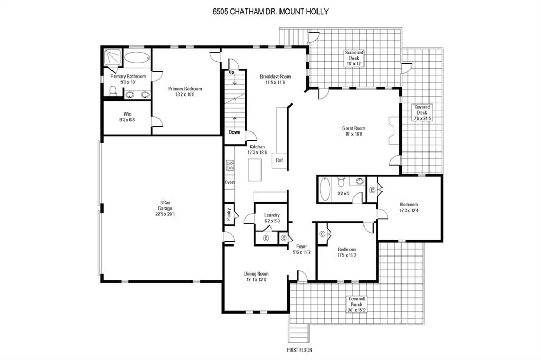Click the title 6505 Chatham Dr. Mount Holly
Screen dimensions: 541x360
[270, 12]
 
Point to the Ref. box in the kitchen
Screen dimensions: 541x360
[279, 160]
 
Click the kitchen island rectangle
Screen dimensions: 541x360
[255, 169]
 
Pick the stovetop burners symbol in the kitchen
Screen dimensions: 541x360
[230, 166]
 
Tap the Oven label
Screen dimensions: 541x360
[229, 182]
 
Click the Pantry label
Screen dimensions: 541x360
[229, 214]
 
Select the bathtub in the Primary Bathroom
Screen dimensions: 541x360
[137, 58]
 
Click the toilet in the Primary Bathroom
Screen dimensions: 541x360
[113, 90]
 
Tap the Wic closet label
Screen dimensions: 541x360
[127, 117]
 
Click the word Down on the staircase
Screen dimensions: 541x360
[235, 132]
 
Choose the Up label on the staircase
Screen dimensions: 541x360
[232, 72]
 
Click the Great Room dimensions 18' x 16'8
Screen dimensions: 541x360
[354, 134]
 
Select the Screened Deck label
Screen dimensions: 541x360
[354, 58]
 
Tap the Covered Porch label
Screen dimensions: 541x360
[357, 305]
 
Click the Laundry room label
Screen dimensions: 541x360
[272, 218]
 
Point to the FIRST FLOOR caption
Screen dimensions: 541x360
[300, 349]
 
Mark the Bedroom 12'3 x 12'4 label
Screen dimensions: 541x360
[409, 207]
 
